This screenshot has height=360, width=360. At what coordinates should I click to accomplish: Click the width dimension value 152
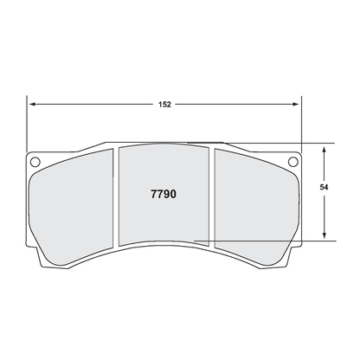pyautogui.click(x=165, y=103)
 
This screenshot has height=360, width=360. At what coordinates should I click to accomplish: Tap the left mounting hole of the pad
pyautogui.click(x=35, y=161)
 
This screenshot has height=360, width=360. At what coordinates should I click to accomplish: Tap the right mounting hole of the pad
pyautogui.click(x=292, y=161)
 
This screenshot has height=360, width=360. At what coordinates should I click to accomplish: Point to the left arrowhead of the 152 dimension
pyautogui.click(x=34, y=103)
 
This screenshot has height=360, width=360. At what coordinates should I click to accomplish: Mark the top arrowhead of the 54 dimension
pyautogui.click(x=325, y=147)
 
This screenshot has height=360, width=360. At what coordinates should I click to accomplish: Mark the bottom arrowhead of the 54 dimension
pyautogui.click(x=325, y=235)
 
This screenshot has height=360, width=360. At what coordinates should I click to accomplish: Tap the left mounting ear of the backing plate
pyautogui.click(x=36, y=164)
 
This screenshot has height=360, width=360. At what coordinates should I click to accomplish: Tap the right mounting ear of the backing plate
pyautogui.click(x=292, y=164)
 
